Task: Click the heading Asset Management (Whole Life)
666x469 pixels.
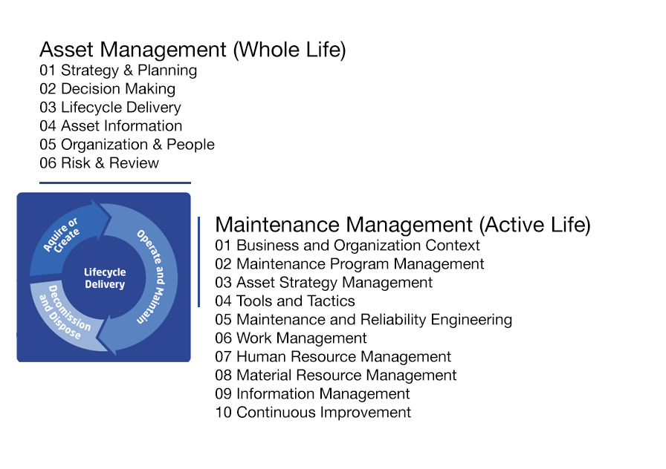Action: point(193,50)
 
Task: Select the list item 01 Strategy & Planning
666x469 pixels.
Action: point(118,70)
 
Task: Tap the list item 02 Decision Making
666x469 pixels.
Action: point(108,89)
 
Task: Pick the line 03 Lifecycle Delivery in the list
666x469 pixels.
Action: point(111,108)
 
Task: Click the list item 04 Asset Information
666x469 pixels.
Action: point(111,126)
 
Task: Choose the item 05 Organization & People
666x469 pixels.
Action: point(127,145)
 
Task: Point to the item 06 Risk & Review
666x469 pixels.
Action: point(100,163)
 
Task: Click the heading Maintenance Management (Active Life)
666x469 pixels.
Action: point(403,225)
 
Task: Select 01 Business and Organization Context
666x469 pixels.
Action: point(347,246)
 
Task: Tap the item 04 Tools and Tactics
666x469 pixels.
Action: point(285,301)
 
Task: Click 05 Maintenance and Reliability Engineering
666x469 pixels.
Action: point(363,320)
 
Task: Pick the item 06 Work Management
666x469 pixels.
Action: point(291,338)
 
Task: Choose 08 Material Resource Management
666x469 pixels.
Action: point(335,375)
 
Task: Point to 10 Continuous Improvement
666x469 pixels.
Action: point(313,413)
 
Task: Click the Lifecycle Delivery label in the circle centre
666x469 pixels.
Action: point(105,278)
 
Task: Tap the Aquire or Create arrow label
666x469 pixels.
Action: point(62,235)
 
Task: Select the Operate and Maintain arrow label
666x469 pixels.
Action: point(151,277)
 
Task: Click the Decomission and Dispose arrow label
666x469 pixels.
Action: point(65,312)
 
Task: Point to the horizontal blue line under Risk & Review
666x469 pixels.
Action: point(115,183)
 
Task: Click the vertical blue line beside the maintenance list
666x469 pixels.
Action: point(198,262)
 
